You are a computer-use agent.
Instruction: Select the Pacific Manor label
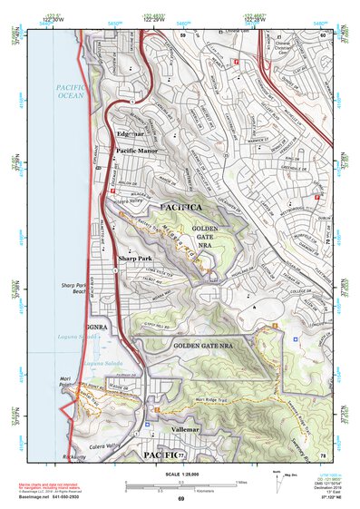[137, 150]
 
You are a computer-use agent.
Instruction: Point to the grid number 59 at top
[182, 35]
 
